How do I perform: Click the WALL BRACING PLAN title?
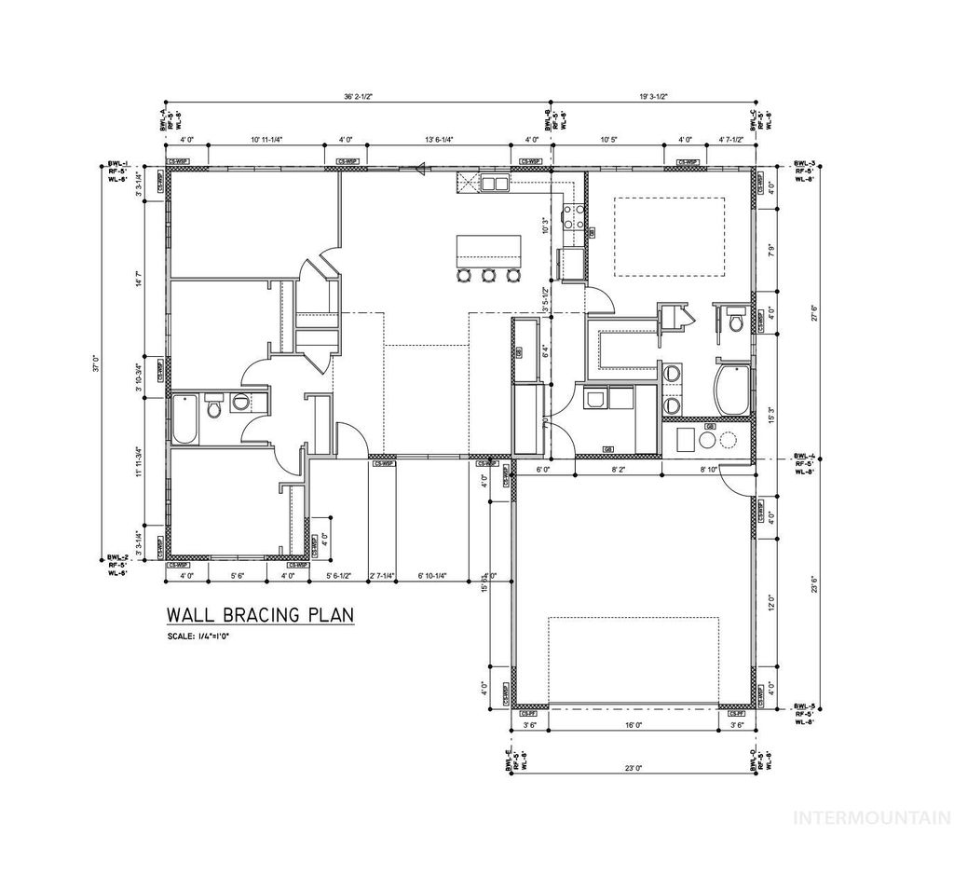[x=259, y=615]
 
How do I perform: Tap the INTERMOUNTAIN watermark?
[x=870, y=818]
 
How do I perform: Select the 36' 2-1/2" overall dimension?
[x=357, y=96]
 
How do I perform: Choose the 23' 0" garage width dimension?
[x=634, y=769]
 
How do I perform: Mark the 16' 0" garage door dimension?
[x=634, y=724]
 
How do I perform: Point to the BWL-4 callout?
[x=804, y=463]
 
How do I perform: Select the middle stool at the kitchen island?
[x=487, y=275]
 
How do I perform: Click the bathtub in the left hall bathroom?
[x=184, y=419]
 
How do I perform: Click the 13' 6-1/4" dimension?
[x=438, y=140]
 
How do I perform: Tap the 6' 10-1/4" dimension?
[x=433, y=576]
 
